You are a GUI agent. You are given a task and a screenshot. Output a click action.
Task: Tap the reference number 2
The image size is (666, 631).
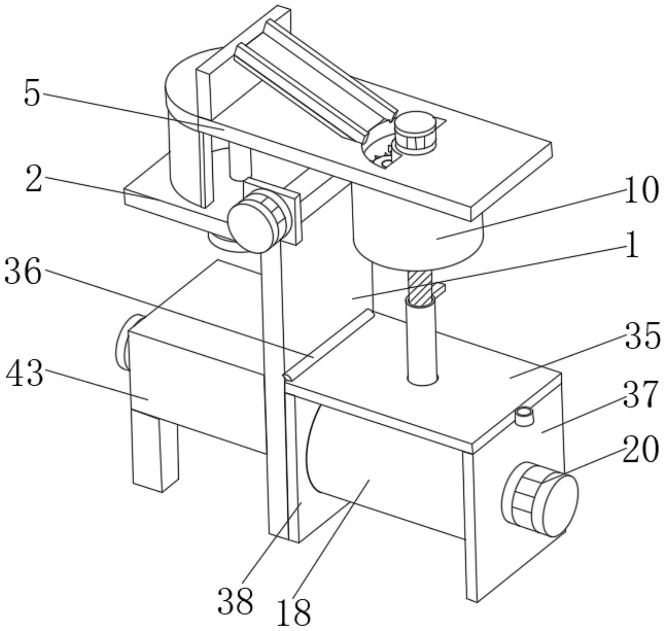pos(34,179)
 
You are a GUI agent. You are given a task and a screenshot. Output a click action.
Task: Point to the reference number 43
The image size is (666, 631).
pos(25,373)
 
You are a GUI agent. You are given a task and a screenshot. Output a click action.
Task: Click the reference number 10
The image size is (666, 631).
pos(641,191)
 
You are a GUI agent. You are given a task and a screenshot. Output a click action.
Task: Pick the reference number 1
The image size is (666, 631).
pos(632,245)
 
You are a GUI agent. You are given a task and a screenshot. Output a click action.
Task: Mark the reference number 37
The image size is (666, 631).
pos(641,395)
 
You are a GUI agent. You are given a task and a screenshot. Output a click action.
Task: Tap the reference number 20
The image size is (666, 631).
pos(641,449)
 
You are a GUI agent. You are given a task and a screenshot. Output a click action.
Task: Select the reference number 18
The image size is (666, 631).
pos(294,612)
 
